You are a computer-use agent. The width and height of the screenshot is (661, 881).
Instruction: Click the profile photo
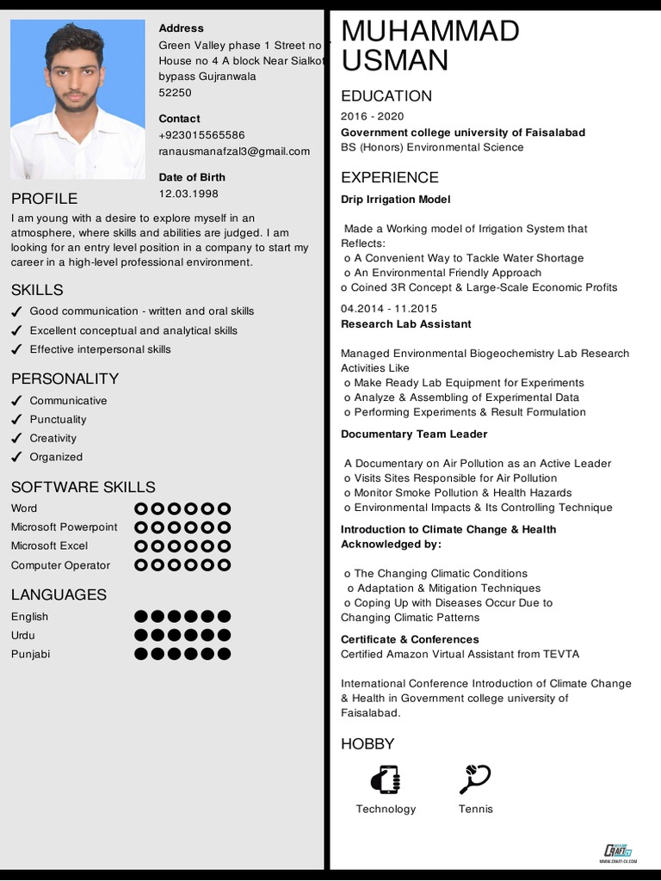[x=77, y=99]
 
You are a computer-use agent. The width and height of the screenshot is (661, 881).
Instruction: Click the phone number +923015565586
[x=201, y=135]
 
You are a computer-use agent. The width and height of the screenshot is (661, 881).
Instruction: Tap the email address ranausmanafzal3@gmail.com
[x=234, y=151]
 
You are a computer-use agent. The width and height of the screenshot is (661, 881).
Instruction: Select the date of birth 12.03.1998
[x=188, y=194]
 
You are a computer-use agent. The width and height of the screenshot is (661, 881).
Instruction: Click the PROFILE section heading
[x=44, y=198]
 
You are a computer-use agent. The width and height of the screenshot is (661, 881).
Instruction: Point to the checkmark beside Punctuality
[x=16, y=420]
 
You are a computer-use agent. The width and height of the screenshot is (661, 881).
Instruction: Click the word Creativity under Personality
[x=53, y=438]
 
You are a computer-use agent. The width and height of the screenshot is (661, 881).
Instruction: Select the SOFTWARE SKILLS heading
[x=83, y=487]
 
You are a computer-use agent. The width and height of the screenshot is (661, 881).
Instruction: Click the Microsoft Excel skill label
[x=49, y=545]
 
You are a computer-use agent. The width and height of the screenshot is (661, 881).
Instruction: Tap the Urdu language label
[x=23, y=635]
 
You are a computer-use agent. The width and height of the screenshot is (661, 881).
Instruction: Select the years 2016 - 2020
[x=372, y=116]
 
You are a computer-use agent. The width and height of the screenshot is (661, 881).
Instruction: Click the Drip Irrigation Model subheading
[x=395, y=200]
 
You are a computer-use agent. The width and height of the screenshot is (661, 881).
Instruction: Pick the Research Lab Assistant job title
[x=405, y=323]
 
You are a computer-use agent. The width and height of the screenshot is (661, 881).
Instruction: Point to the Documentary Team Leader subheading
[x=414, y=434]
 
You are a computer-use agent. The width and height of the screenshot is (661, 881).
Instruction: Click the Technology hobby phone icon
[x=385, y=779]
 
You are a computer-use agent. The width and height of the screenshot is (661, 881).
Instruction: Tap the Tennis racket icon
[x=475, y=779]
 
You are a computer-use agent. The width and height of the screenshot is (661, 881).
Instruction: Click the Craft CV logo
[x=618, y=851]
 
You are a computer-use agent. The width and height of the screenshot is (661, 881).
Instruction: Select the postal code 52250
[x=175, y=93]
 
